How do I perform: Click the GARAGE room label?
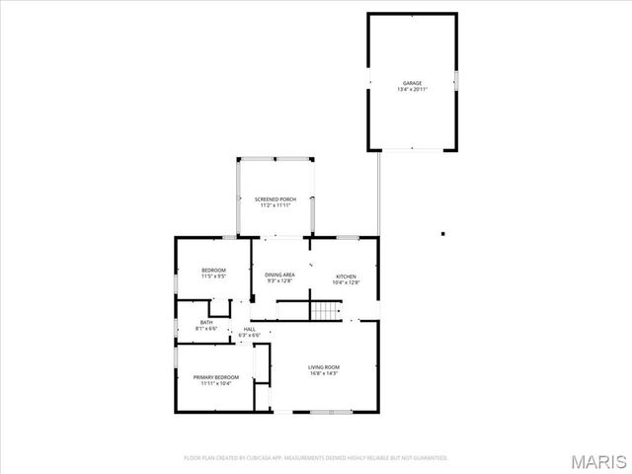[412, 83]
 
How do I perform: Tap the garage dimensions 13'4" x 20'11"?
[412, 90]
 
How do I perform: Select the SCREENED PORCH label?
[276, 199]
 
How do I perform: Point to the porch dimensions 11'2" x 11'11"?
[276, 205]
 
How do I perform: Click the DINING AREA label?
[280, 275]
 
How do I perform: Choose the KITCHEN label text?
[346, 276]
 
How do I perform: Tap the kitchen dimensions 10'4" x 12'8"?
[346, 282]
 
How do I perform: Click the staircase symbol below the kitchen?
[325, 311]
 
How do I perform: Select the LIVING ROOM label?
[324, 367]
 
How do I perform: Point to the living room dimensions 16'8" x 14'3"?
[324, 373]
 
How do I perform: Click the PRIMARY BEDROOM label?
[216, 377]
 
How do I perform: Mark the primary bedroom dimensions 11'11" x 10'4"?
[216, 383]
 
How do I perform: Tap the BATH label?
[206, 322]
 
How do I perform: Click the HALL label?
[250, 329]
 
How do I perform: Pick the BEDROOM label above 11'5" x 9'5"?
[214, 271]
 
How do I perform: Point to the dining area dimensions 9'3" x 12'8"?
[280, 281]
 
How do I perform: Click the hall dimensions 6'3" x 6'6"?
[250, 335]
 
